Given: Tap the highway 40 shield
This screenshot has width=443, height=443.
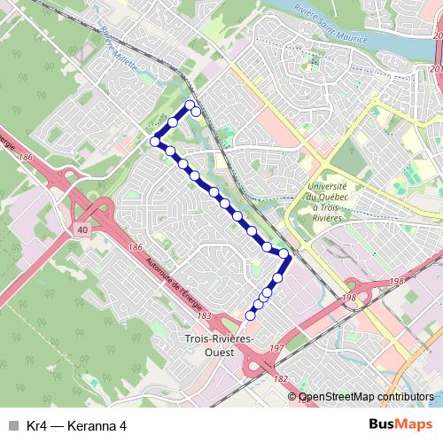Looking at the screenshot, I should point(82,229).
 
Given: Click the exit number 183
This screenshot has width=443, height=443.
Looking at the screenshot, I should point(205,316).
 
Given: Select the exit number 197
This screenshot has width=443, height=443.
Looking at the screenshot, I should point(276,348).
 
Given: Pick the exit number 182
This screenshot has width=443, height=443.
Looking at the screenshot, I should point(281,378).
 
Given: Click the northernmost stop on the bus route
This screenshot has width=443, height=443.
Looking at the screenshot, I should point(189,106).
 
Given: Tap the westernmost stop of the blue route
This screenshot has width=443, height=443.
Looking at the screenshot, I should point(155,141).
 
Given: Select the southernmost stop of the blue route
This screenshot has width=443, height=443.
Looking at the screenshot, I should point(251,314).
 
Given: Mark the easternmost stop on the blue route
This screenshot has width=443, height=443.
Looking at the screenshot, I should point(284,254).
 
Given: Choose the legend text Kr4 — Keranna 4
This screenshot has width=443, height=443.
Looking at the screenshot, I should point(77,425).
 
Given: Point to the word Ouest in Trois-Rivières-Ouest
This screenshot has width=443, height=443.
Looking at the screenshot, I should point(218,353).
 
